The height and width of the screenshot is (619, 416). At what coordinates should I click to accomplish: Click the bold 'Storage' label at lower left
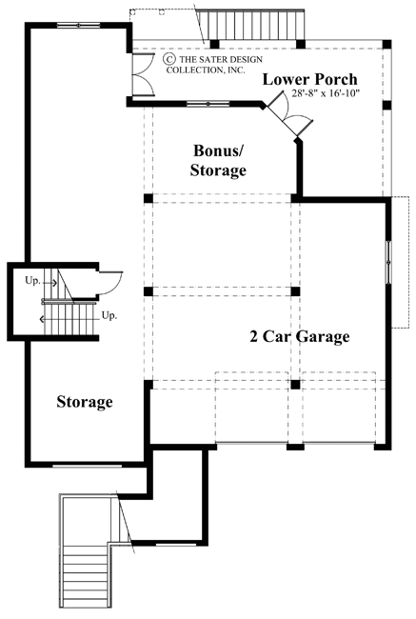click(84, 402)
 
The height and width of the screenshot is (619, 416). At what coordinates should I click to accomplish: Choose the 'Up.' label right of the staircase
click(109, 315)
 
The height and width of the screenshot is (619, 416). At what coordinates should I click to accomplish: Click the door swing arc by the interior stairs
click(109, 284)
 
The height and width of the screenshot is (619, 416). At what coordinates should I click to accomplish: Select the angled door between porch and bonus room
click(287, 118)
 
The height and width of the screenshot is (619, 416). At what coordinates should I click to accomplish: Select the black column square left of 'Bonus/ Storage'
click(149, 198)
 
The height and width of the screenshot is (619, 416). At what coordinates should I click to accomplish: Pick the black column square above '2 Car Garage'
click(295, 290)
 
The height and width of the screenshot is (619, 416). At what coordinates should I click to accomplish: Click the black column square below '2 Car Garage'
click(295, 384)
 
